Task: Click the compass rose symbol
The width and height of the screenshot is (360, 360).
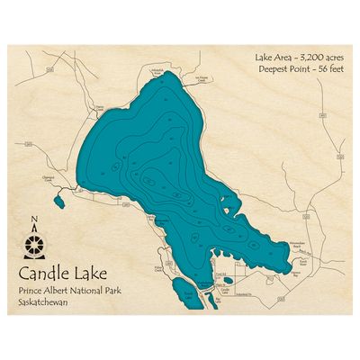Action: pyautogui.click(x=35, y=243)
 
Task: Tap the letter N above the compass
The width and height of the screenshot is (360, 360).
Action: pyautogui.click(x=35, y=220)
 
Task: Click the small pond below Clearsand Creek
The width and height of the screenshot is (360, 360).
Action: pyautogui.click(x=59, y=199)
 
